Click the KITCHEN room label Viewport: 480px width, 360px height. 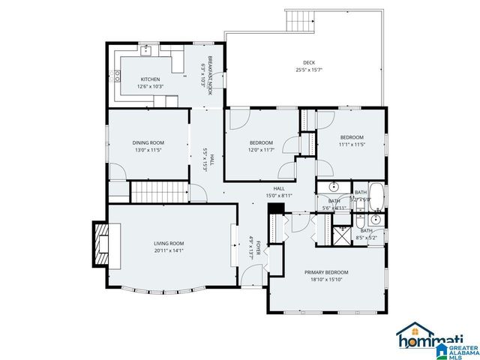150,79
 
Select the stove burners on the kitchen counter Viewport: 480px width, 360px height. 117,74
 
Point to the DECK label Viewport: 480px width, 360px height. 309,62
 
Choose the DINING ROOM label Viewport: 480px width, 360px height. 148,142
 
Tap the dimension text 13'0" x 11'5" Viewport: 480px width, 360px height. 148,150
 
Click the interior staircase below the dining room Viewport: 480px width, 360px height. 158,191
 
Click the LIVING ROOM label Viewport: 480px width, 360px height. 169,243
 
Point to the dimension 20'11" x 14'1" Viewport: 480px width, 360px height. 169,250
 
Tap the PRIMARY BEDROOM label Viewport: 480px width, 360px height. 326,272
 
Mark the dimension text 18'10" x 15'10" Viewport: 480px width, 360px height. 326,280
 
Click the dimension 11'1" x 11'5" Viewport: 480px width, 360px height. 352,145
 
